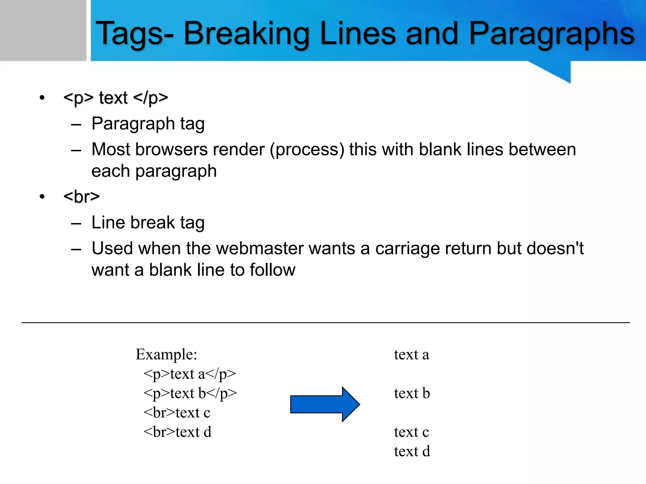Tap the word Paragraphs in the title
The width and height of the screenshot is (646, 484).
[551, 33]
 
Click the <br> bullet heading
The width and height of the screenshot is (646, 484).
[81, 197]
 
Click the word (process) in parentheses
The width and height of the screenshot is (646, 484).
[307, 149]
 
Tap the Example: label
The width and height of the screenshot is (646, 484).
[166, 354]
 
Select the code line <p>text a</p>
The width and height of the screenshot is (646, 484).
[190, 374]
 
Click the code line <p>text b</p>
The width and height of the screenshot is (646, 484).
[190, 393]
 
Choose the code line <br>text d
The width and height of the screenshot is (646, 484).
[177, 432]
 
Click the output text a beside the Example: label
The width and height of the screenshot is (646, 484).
[411, 354]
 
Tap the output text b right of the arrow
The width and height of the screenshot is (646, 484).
[412, 393]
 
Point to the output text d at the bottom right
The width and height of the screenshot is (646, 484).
[412, 451]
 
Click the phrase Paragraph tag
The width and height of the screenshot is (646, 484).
[148, 124]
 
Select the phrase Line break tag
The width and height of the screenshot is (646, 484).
[148, 222]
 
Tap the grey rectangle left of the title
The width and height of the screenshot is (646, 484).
[43, 30]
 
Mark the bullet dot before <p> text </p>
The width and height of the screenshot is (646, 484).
[42, 98]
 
